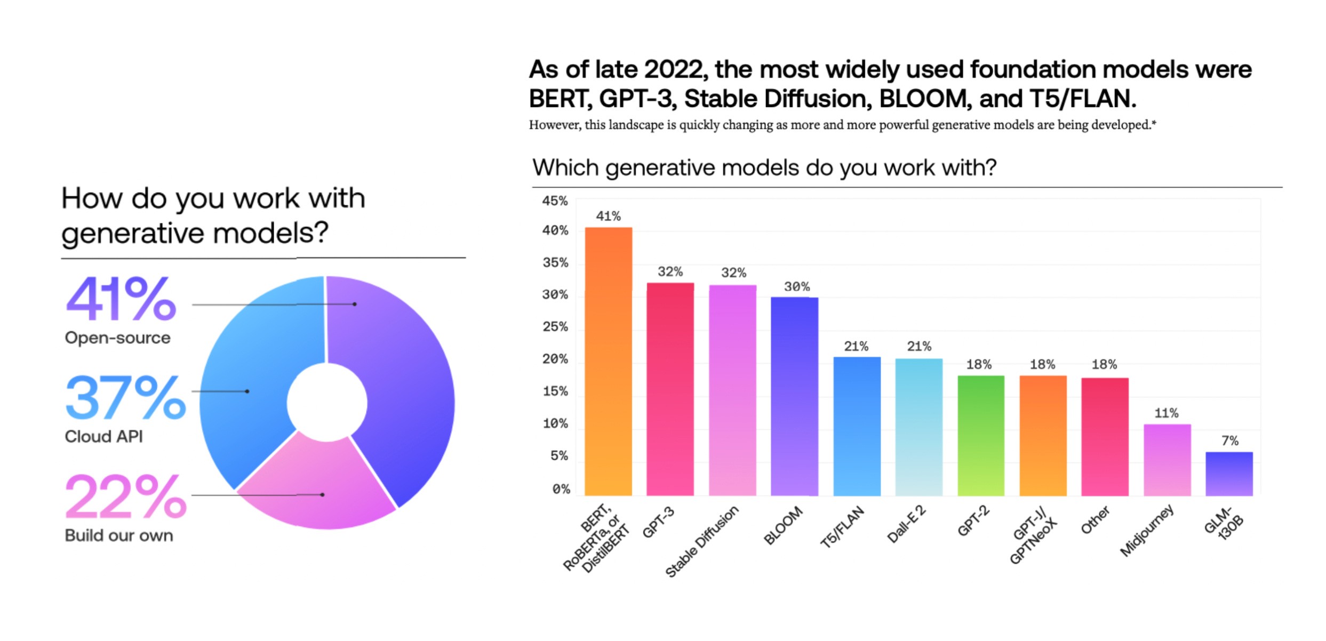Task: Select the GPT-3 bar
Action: click(670, 389)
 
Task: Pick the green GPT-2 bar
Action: click(980, 436)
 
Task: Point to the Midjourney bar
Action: click(1167, 460)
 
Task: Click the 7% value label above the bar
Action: click(1230, 440)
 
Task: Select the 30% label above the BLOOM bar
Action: click(796, 286)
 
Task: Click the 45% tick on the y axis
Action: click(555, 201)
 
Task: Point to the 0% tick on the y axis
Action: click(561, 489)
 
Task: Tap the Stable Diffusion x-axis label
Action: click(702, 541)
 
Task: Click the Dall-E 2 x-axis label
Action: click(906, 525)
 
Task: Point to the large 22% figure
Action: click(125, 496)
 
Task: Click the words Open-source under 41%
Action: click(117, 338)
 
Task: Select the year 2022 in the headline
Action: click(674, 70)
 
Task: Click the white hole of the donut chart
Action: click(326, 403)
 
